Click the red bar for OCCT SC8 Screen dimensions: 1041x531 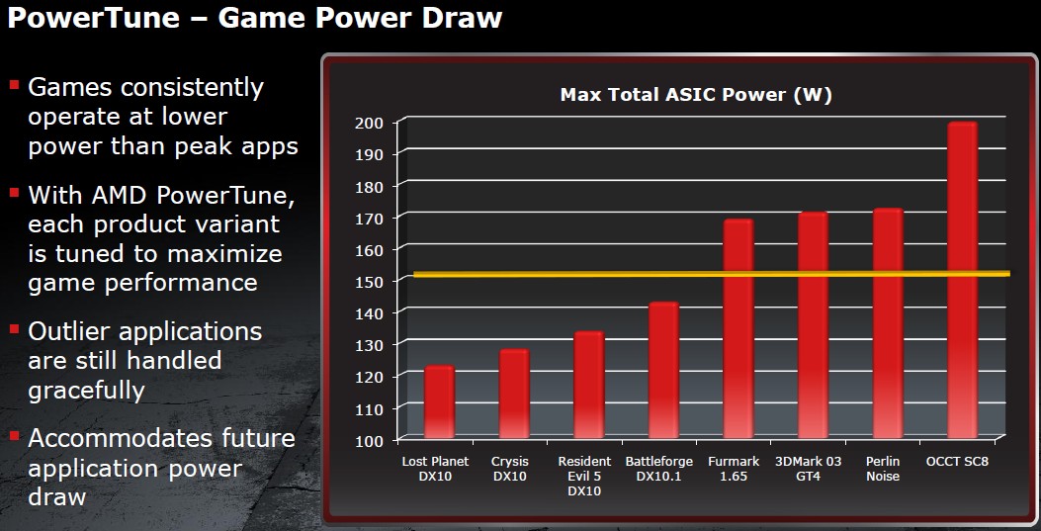962,280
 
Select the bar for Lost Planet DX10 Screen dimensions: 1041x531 439,402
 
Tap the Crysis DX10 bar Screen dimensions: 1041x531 514,394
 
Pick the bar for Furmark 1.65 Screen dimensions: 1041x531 738,328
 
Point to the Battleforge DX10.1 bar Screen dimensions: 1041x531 663,371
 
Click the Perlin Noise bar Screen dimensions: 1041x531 888,323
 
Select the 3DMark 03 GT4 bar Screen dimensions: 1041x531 813,325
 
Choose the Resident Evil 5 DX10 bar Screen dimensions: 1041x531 589,385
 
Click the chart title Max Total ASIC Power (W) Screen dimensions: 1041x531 696,95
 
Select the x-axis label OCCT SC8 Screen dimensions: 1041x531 957,461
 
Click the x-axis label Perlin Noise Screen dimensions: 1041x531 883,469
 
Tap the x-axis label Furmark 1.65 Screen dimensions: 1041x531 733,469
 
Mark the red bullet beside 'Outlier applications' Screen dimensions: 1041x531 14,328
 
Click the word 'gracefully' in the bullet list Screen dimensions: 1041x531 86,391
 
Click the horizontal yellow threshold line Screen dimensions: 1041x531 712,274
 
